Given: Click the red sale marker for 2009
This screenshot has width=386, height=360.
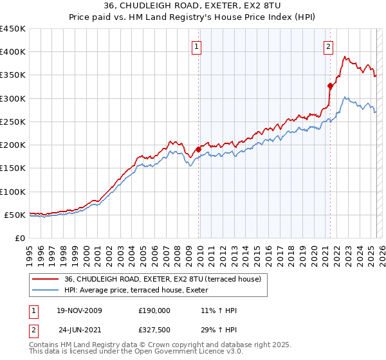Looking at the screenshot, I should pos(198,149).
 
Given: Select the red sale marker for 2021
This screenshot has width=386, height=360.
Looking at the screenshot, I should pos(330,85).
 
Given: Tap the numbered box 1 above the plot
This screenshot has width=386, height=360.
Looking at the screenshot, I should pos(196,46).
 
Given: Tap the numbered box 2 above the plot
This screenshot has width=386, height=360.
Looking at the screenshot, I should pos(328,46).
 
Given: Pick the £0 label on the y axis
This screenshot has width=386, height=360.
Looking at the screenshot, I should pos(21,238).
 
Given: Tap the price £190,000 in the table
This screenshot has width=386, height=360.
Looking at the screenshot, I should pos(154,310).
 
